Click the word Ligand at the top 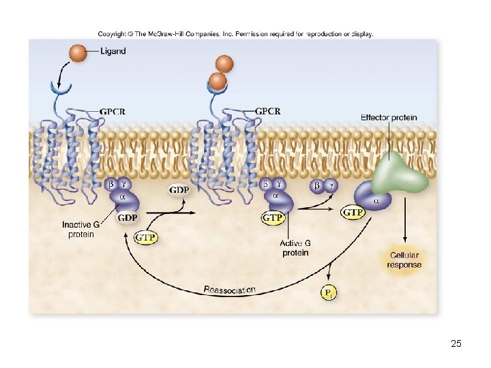pos(113,51)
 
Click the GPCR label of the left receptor pos(113,111)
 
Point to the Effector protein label pos(389,117)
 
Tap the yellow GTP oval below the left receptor pos(146,237)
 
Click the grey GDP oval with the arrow pos(179,190)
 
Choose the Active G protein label pos(295,248)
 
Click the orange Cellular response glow pos(405,260)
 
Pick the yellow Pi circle pos(329,293)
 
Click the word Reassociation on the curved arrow pos(230,291)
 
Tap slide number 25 pos(456,343)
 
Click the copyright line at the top pos(235,33)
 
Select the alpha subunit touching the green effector pos(375,200)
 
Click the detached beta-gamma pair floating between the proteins pos(323,185)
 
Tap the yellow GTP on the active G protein pos(273,217)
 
